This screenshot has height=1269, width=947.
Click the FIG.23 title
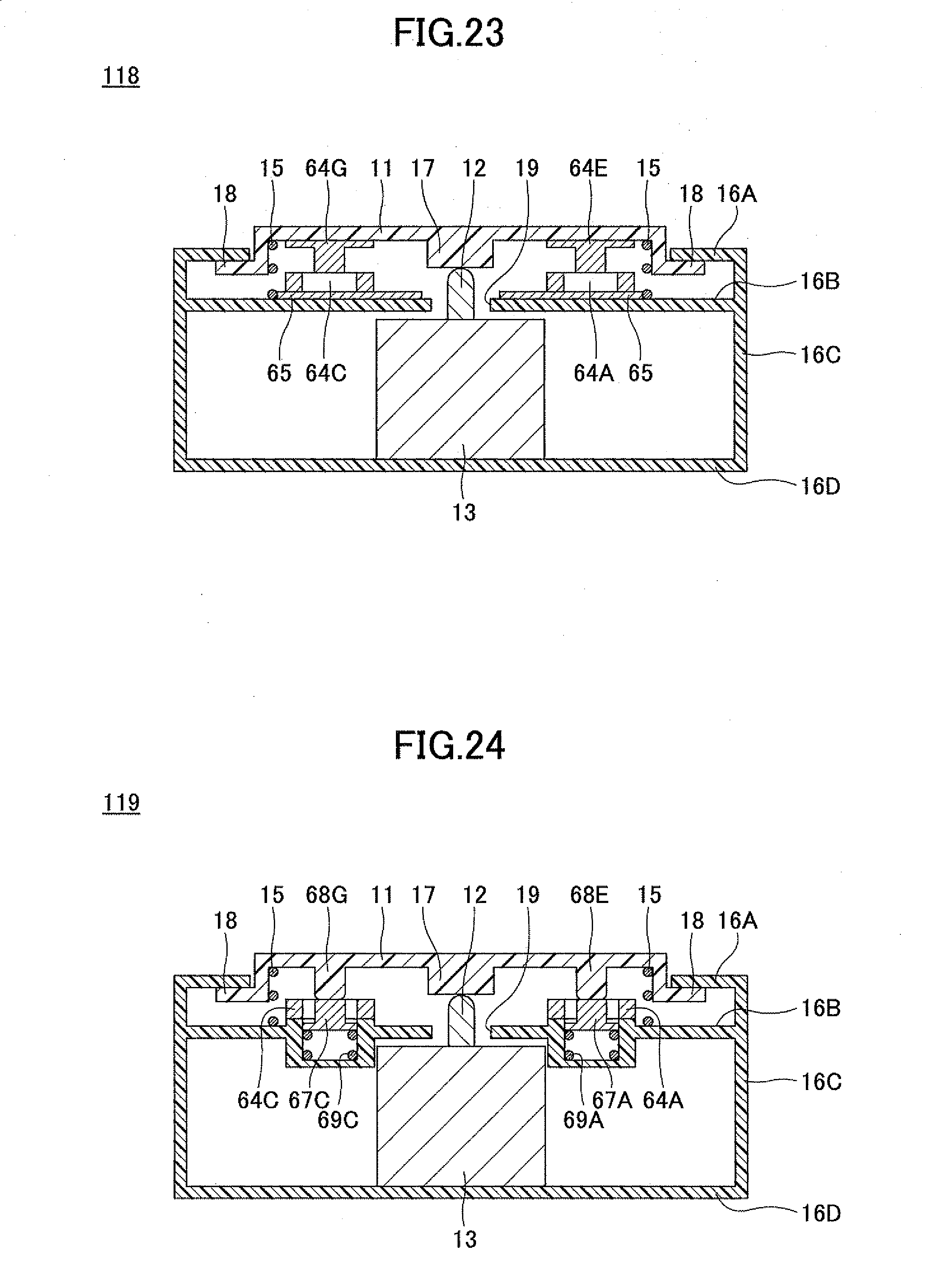point(449,33)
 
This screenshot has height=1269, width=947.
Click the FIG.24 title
point(449,746)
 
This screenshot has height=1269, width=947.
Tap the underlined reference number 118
point(120,75)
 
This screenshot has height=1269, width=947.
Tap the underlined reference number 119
point(120,802)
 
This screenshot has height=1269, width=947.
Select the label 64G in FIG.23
point(326,168)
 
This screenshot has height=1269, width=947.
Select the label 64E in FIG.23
point(588,168)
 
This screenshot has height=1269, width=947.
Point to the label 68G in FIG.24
point(326,894)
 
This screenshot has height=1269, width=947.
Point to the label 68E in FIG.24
point(589,894)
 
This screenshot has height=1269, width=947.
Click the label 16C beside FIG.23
point(820,355)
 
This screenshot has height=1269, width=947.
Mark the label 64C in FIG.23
point(326,373)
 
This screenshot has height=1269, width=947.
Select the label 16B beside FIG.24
point(820,1008)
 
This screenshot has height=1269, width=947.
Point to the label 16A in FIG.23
point(737,194)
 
